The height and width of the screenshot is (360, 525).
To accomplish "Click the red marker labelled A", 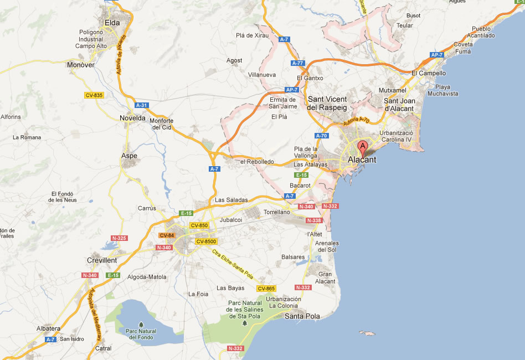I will click(x=363, y=147).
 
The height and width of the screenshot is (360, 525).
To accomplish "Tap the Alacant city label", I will click(x=362, y=160).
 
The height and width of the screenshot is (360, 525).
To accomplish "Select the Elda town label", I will click(x=112, y=23).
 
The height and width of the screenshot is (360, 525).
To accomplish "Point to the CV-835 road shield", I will click(x=94, y=95).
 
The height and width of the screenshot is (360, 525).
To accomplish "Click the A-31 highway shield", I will click(x=142, y=105).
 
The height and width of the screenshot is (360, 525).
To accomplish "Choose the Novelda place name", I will click(x=132, y=118).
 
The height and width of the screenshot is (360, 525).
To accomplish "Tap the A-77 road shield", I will click(x=297, y=63).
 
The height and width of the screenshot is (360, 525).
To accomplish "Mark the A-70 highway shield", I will click(x=321, y=136).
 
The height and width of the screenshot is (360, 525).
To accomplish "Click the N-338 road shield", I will click(x=313, y=220).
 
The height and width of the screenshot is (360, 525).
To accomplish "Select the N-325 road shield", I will click(x=119, y=238).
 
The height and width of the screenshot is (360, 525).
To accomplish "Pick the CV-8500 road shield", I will click(x=205, y=241).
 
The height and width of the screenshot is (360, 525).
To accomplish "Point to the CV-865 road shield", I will click(x=266, y=289).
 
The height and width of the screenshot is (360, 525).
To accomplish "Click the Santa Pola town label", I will click(x=302, y=316).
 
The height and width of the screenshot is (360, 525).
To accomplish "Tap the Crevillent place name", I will click(x=102, y=260).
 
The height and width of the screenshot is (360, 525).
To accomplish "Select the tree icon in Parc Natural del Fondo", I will click(x=141, y=324).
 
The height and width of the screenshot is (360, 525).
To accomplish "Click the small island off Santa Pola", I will click(x=366, y=333).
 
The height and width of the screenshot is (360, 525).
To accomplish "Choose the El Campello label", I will click(x=429, y=73).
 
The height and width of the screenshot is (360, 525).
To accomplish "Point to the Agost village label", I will click(x=235, y=60).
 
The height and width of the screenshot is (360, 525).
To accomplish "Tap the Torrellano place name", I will click(x=277, y=212).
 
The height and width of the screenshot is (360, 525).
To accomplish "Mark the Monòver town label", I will click(x=80, y=65).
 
